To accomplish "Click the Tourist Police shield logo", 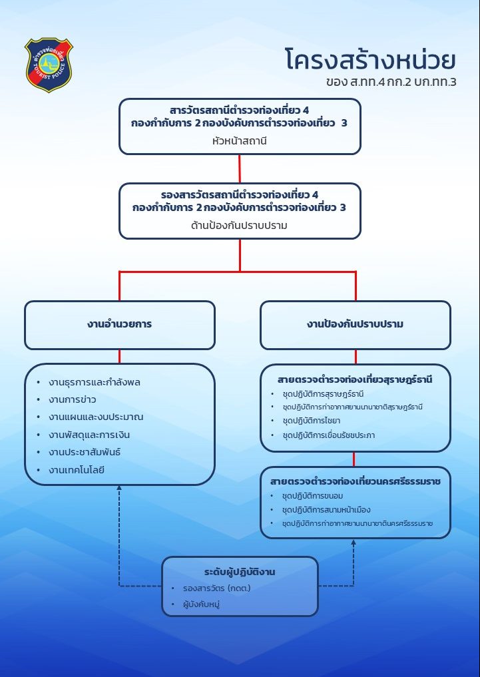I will point(49,65).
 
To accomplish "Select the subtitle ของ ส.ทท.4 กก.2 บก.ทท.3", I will point(391,84).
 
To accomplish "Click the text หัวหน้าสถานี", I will point(240,141).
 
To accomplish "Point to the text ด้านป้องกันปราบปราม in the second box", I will point(240,225).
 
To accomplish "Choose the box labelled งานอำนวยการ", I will point(120,325).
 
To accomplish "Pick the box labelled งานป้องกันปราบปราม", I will point(356,325).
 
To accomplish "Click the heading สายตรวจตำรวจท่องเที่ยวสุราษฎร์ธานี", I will point(356,380).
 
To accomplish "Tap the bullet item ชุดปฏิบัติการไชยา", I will point(310,421).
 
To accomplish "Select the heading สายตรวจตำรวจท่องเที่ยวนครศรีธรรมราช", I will point(356,481).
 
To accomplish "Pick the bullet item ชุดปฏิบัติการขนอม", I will point(312,496).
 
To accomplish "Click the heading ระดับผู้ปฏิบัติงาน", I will point(240,572).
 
